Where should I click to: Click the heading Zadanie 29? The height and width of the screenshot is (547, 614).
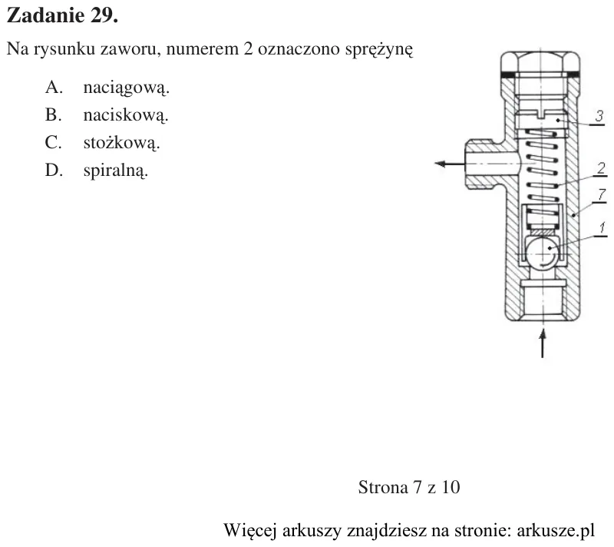(x=62, y=15)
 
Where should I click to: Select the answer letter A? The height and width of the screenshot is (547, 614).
(x=54, y=87)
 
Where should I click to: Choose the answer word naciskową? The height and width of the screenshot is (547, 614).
(x=126, y=115)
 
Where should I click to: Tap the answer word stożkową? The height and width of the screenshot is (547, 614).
(x=122, y=142)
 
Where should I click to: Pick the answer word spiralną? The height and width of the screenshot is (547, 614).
(x=116, y=171)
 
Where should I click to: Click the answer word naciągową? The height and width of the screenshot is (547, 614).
(x=126, y=88)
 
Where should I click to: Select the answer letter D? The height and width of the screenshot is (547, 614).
(x=54, y=171)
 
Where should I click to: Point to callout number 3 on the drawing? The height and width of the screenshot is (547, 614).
(x=599, y=116)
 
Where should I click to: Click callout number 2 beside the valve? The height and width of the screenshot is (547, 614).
(x=602, y=169)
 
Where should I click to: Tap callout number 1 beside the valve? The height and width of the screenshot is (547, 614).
(x=602, y=227)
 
